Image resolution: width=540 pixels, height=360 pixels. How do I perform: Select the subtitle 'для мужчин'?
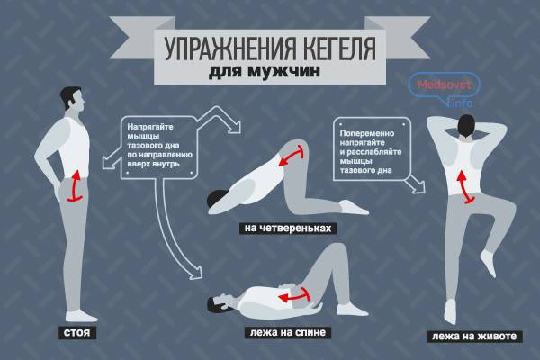point(265,71)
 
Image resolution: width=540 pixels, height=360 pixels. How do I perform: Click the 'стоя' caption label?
point(77,333)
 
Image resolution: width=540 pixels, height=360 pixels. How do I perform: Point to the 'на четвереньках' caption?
point(288,228)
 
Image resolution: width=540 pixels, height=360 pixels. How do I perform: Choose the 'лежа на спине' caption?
point(288,332)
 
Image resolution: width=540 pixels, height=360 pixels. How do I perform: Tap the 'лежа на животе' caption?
point(474,336)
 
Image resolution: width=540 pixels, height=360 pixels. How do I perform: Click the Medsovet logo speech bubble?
point(444,86)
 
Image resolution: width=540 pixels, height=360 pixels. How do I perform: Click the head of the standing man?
point(73,98)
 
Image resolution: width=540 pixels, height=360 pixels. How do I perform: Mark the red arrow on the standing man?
point(75,185)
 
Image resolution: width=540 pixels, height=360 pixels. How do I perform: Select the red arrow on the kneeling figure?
point(292,156)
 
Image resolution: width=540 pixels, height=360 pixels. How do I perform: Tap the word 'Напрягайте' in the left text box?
point(150,127)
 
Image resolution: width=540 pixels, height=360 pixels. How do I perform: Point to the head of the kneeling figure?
point(218,201)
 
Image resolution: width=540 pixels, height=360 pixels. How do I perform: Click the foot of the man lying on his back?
point(352,310)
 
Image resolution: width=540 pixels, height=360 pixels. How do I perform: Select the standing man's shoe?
point(81,316)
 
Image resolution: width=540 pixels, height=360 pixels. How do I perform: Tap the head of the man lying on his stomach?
point(467,125)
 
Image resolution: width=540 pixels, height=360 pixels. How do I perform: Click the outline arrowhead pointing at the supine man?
point(196,272)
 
